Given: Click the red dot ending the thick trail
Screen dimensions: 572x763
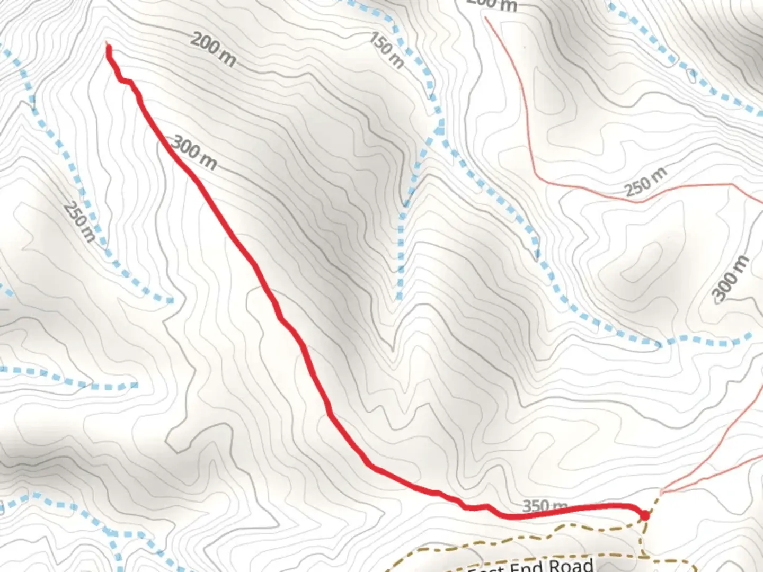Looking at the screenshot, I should [x=645, y=515].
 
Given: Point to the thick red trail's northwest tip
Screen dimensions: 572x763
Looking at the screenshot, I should [x=108, y=47].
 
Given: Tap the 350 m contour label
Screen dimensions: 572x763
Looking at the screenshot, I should [x=545, y=506].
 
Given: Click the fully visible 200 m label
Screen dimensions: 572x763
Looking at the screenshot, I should [x=213, y=49].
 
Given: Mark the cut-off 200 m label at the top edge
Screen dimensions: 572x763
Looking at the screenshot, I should [x=492, y=4].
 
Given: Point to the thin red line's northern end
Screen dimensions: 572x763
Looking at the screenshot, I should [x=486, y=17].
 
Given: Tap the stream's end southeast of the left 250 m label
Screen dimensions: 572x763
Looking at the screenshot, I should [x=171, y=301].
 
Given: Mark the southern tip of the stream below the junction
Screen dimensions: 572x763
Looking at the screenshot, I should [x=399, y=298].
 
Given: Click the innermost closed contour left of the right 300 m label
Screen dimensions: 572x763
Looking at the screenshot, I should [x=643, y=262].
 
